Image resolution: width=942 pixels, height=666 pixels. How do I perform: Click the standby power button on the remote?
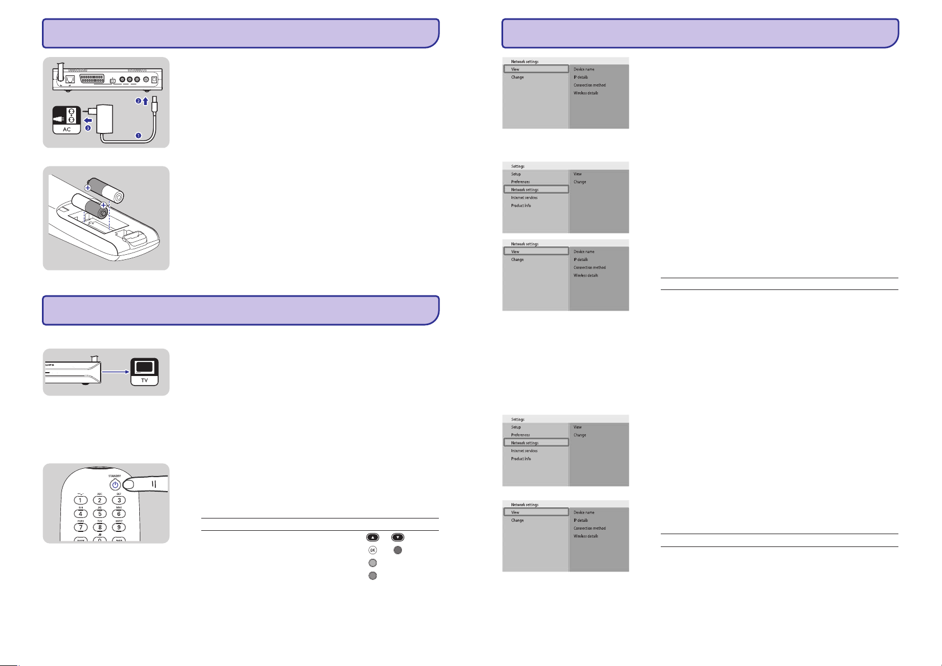point(115,485)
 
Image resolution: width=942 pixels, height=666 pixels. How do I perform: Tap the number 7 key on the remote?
point(81,527)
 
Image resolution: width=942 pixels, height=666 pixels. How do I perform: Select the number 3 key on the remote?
point(119,500)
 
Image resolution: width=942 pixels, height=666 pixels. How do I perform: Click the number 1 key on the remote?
point(81,500)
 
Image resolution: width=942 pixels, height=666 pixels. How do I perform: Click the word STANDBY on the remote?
point(115,476)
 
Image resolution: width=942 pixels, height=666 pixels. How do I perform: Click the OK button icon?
point(373,550)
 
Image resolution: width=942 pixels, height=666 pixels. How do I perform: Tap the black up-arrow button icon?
point(373,537)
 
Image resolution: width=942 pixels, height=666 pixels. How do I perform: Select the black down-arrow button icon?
point(397,537)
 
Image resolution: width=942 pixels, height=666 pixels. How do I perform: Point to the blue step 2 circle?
point(138,101)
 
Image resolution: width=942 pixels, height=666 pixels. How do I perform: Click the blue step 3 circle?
point(88,128)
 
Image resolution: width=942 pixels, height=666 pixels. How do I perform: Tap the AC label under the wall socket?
point(67,129)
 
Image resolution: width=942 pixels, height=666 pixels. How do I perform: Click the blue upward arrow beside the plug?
point(145,102)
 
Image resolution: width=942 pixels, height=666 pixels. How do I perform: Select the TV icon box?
point(144,372)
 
